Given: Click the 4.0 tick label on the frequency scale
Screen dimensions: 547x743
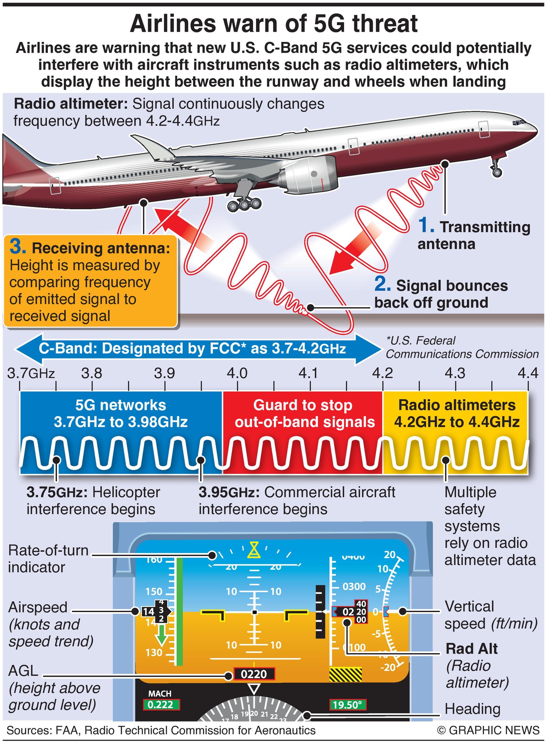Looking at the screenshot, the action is click(237, 373).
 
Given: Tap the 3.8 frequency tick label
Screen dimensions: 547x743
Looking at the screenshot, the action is click(92, 373).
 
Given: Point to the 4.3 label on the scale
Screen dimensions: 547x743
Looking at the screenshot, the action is click(455, 373).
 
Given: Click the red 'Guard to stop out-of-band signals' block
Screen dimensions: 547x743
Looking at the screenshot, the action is click(303, 432).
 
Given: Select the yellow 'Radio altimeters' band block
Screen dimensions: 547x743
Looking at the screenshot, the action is click(455, 432).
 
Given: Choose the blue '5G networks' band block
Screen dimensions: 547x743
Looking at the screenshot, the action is click(121, 432).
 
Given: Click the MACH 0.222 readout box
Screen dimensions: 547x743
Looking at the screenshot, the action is click(161, 705).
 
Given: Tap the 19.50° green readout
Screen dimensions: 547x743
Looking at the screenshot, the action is click(348, 705).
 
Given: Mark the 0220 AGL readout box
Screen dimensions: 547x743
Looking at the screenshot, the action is click(254, 674).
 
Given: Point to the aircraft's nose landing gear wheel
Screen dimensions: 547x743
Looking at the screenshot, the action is click(497, 172).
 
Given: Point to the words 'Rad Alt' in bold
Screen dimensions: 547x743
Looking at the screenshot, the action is click(472, 648).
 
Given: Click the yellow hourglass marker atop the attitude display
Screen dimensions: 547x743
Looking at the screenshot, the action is click(255, 550).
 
